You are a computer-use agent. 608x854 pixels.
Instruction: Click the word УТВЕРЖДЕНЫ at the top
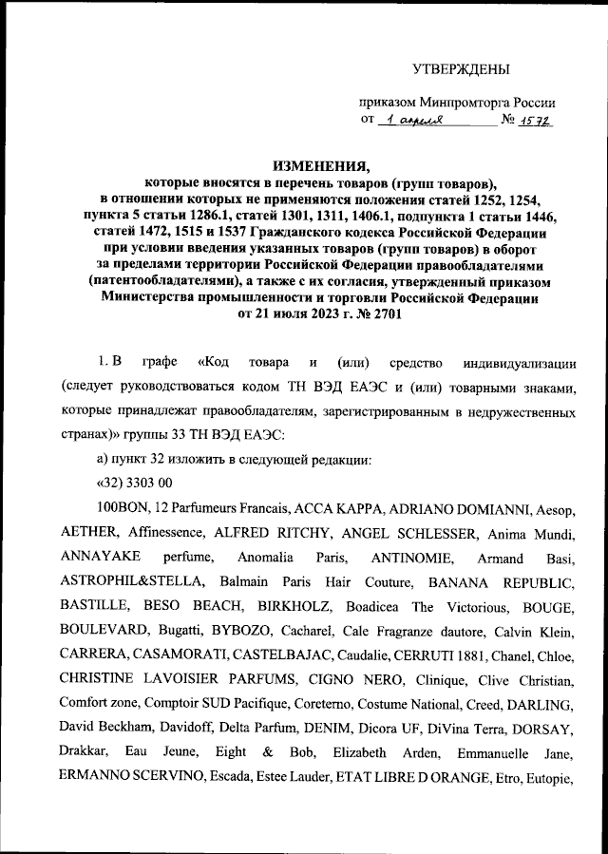click(461, 69)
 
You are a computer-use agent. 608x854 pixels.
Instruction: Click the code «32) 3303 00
click(137, 483)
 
